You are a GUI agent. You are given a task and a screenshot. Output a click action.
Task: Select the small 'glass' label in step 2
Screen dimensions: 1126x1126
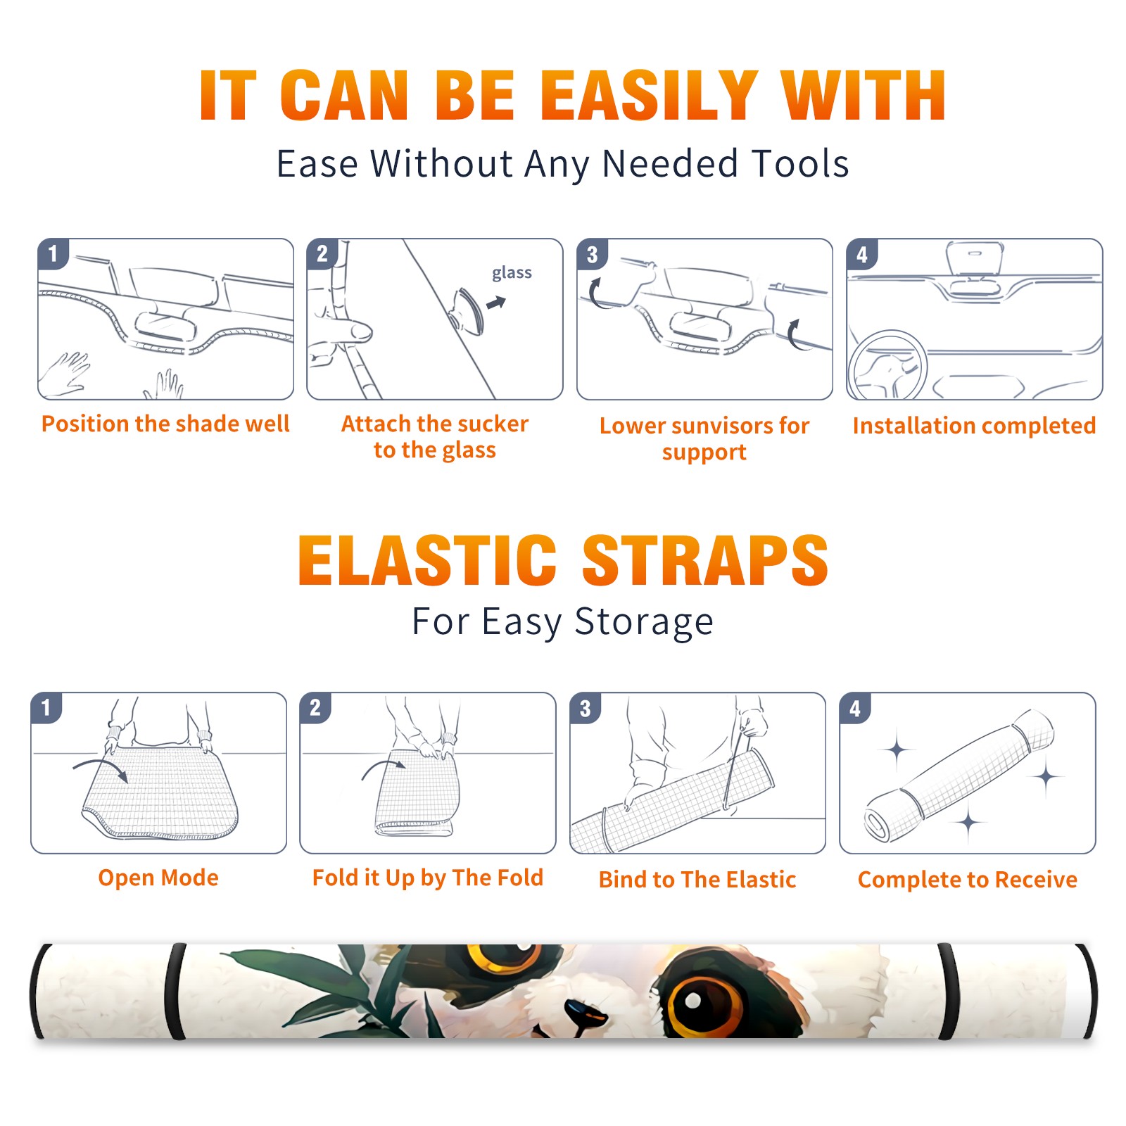512,273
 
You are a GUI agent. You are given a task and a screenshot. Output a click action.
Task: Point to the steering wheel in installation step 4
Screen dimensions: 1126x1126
887,366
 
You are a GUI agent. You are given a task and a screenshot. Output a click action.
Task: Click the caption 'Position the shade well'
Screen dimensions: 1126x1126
165,424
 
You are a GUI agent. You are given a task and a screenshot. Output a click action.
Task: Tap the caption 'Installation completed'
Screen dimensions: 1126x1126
974,426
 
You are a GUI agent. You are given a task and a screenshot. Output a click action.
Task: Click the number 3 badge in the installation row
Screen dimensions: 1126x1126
592,254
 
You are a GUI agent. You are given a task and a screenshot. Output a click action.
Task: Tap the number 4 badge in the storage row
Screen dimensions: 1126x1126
855,708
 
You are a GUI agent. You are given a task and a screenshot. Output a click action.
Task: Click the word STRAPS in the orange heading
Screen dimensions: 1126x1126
705,560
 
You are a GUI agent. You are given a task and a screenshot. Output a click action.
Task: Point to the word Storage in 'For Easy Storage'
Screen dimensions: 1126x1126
644,622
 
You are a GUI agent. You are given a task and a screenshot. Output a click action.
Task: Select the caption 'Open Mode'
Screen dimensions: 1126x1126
158,878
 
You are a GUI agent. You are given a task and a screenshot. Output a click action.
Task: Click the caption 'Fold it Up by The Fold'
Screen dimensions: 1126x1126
428,878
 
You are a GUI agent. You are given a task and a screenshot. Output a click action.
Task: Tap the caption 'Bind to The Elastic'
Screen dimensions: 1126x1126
697,880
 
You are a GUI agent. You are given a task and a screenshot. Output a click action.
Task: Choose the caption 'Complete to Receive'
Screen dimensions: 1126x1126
968,880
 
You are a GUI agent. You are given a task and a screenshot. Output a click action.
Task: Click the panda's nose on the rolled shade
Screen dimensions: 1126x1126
586,1013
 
